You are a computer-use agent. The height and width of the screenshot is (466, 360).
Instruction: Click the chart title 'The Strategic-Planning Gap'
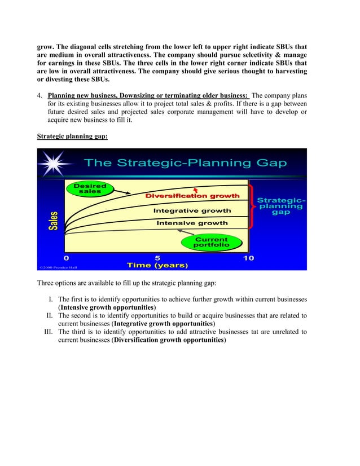pos(185,163)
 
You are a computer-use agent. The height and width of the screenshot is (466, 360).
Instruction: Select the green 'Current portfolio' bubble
pos(211,243)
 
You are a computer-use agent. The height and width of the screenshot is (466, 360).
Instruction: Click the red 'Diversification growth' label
pos(192,196)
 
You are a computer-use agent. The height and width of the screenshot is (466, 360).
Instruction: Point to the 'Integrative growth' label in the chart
pos(192,210)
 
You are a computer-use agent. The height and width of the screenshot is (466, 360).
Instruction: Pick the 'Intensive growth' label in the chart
pos(192,223)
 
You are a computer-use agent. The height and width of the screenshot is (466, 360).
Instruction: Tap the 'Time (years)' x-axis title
pos(157,265)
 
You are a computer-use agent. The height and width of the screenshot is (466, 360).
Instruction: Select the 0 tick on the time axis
pos(67,258)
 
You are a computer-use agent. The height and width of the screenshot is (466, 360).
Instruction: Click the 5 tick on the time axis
pos(157,258)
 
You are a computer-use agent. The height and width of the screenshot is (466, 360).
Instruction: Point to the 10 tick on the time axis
pos(248,258)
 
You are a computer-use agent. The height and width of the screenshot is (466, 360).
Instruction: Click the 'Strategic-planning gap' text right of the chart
pos(281,206)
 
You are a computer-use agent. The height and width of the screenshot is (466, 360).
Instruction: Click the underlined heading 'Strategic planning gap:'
pos(72,137)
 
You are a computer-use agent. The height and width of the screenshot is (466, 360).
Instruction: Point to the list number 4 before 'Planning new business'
pos(39,95)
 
